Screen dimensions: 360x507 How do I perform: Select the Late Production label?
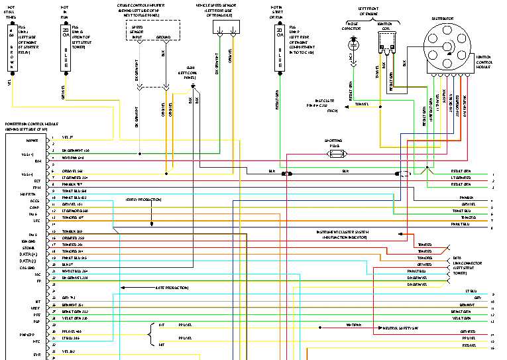172,288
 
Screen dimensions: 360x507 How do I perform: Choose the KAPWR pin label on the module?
31,141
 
